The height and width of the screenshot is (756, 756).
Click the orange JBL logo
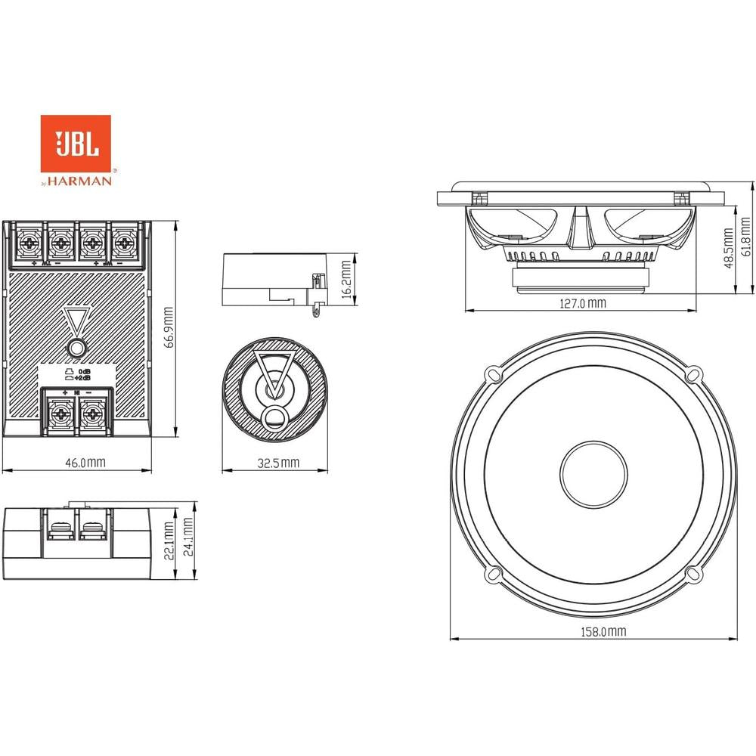[x=76, y=143]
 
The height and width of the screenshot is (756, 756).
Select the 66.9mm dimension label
[x=171, y=327]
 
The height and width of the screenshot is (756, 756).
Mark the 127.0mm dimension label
[x=582, y=303]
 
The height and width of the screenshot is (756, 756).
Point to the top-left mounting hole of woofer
[x=493, y=373]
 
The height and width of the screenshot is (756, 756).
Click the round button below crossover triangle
[x=76, y=349]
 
